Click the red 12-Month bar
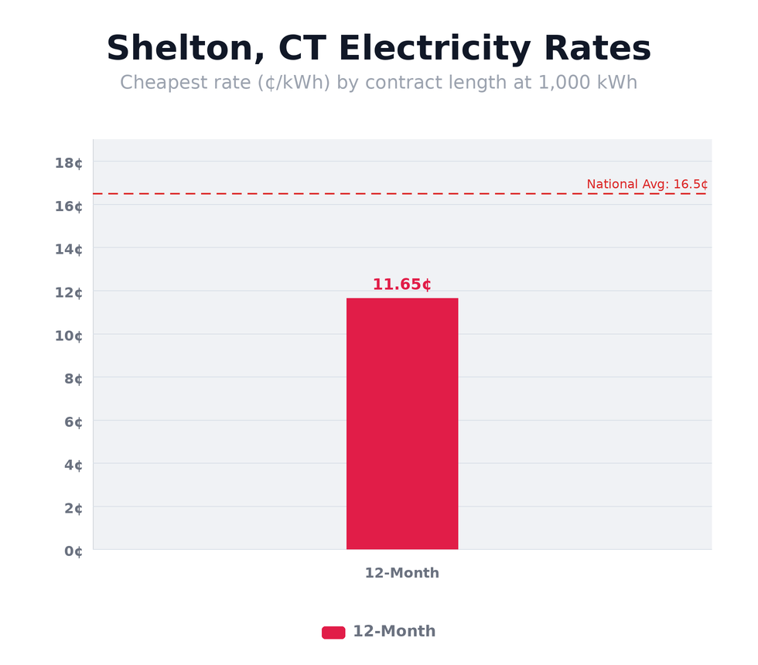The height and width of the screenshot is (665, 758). click(x=402, y=424)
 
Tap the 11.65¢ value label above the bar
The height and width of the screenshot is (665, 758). click(x=401, y=285)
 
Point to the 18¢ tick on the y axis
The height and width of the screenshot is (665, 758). click(x=69, y=162)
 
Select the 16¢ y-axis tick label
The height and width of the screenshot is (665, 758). click(x=69, y=206)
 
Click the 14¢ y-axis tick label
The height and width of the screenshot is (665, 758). click(x=69, y=249)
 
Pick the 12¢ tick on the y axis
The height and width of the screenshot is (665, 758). click(x=69, y=292)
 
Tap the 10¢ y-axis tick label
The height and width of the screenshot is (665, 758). click(x=69, y=336)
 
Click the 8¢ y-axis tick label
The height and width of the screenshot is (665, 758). click(x=73, y=379)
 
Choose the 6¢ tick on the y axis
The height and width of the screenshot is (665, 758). click(x=73, y=422)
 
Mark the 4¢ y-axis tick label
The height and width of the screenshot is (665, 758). click(x=73, y=465)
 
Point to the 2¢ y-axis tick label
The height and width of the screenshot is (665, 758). click(x=73, y=508)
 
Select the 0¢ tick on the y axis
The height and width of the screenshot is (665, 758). click(x=73, y=551)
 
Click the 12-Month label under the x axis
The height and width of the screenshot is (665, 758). click(x=402, y=574)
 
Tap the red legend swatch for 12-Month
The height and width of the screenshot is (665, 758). click(x=333, y=633)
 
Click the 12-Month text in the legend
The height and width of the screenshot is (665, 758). click(x=394, y=632)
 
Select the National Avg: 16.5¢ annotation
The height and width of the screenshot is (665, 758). click(x=647, y=185)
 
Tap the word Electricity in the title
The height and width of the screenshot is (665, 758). click(x=435, y=49)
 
